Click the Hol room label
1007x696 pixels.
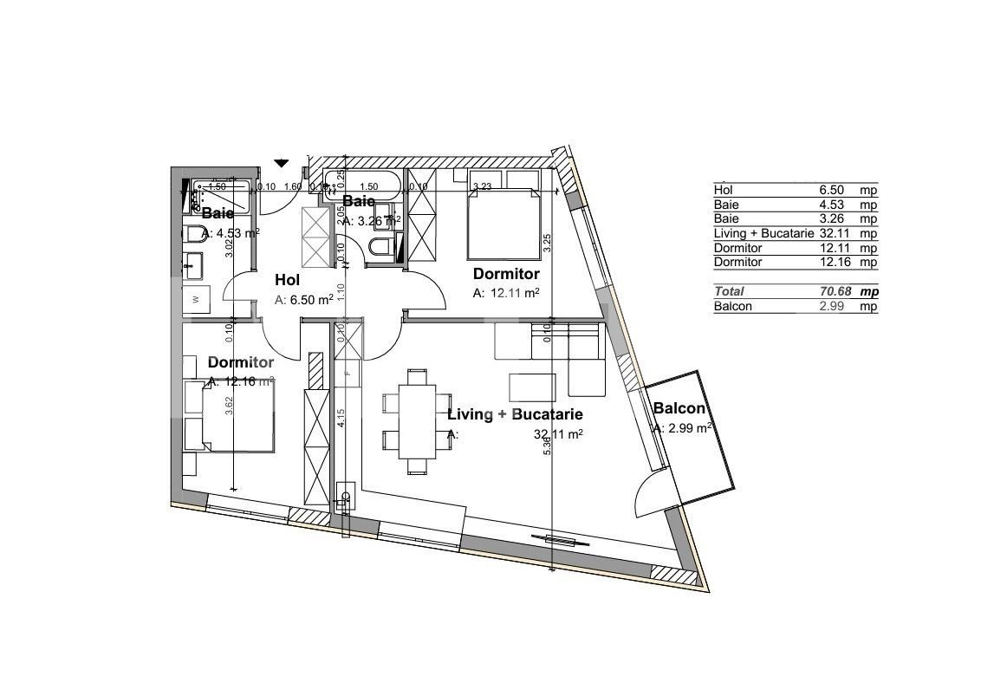pos(287,280)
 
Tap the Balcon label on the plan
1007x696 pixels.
pos(679,409)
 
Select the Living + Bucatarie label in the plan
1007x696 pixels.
pos(514,415)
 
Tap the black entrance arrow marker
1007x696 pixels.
pos(281,163)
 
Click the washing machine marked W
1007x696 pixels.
pos(196,300)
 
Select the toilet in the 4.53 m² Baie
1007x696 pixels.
pos(193,234)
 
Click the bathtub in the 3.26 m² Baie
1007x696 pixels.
pos(362,185)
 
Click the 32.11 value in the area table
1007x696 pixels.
pos(833,233)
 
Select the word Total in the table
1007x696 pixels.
pos(729,292)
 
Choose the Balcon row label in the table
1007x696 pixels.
pos(732,306)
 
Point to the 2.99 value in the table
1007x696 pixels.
pos(833,306)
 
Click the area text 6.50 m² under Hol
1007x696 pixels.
pos(303,300)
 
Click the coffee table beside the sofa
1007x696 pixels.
pos(532,387)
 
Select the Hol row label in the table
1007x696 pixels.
pos(722,190)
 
